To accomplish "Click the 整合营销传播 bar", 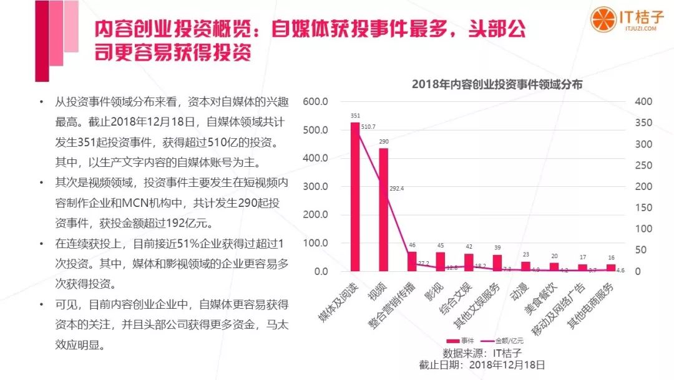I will pyautogui.click(x=412, y=261).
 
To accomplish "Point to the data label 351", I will pyautogui.click(x=355, y=116).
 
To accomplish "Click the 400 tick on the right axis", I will pyautogui.click(x=642, y=102).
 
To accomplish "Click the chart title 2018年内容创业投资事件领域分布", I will pyautogui.click(x=497, y=84).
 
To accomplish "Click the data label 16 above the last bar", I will pyautogui.click(x=611, y=257).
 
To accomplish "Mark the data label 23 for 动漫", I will pyautogui.click(x=525, y=254).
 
